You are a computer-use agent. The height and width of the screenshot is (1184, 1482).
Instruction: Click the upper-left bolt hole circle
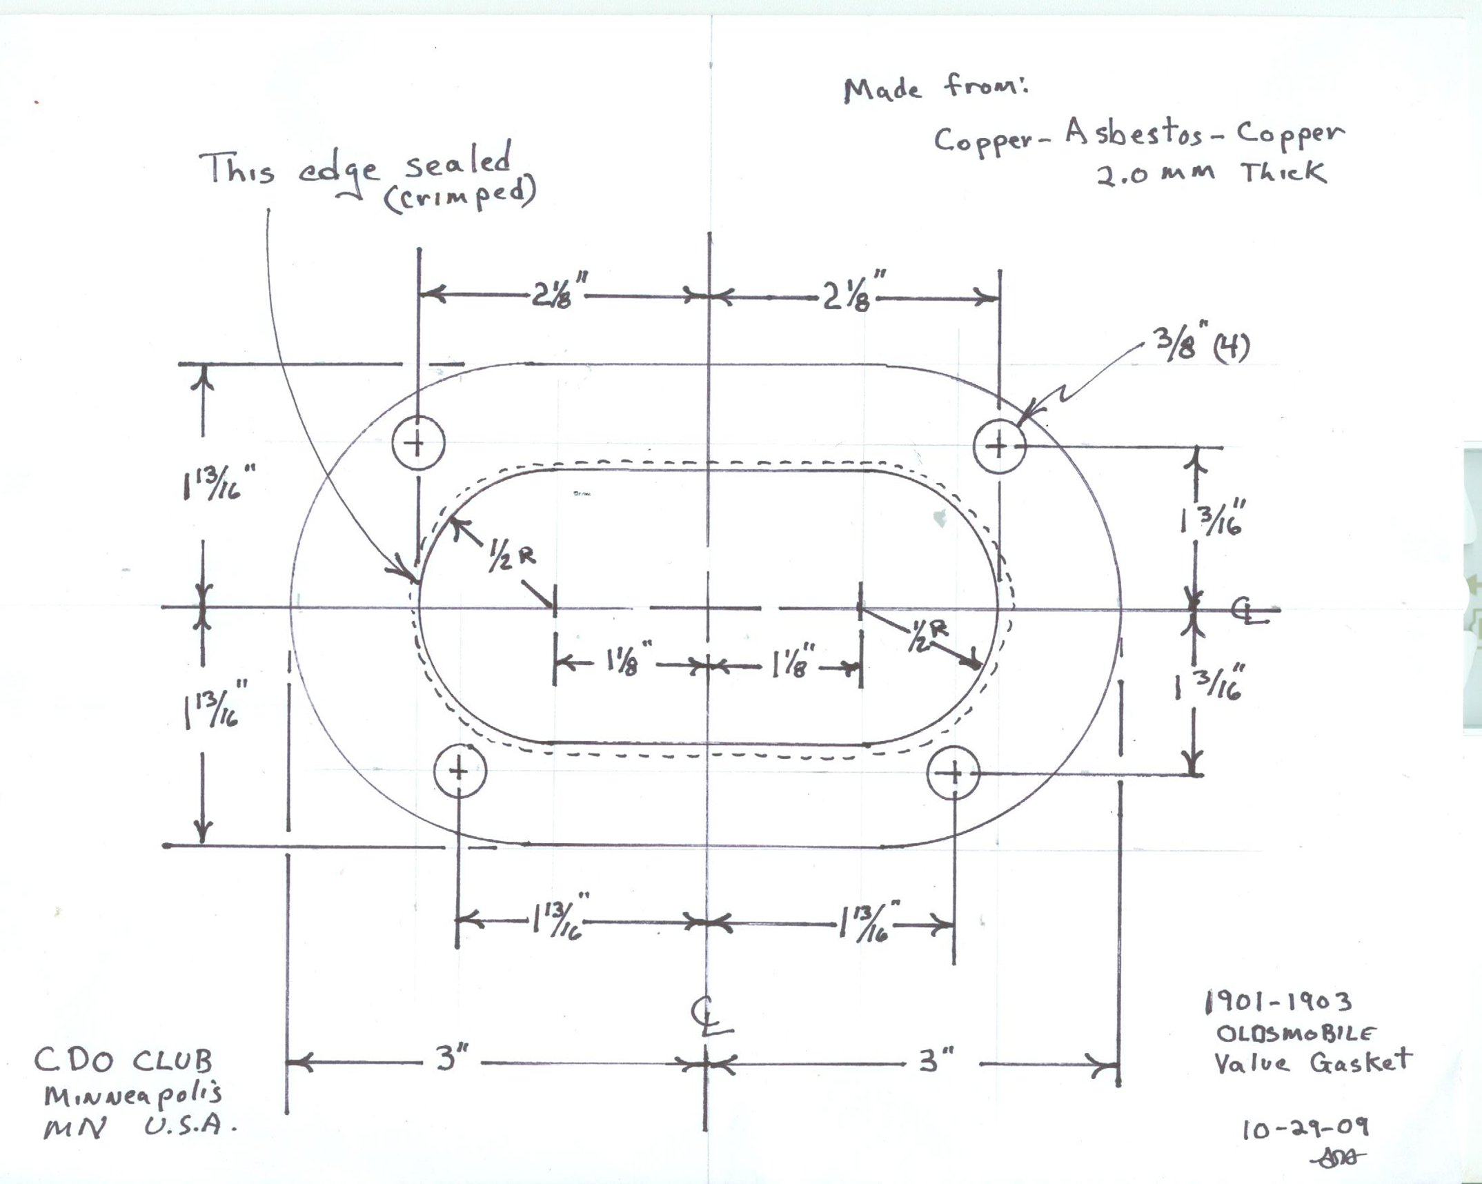tap(418, 442)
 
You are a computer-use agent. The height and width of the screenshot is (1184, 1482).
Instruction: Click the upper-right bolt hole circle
tap(1000, 446)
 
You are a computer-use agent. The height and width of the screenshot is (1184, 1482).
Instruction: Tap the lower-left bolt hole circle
tap(460, 771)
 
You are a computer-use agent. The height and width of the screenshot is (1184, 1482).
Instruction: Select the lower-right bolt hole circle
tap(954, 773)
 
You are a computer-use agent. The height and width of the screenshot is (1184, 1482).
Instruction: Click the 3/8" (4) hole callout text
tap(1201, 346)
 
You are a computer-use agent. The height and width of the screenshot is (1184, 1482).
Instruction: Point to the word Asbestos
tap(1134, 134)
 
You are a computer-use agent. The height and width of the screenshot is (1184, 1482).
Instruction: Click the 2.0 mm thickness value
tap(1156, 174)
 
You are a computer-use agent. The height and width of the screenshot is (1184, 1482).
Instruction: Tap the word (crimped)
tap(460, 197)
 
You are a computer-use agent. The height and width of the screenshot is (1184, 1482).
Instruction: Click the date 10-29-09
tap(1305, 1129)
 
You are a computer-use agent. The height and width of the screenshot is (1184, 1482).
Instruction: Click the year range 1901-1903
tap(1278, 1002)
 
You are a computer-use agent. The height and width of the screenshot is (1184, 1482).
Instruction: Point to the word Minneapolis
tap(133, 1094)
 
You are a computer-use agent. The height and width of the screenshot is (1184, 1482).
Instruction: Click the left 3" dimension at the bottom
tap(452, 1058)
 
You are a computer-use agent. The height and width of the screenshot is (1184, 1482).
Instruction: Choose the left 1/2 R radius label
tap(511, 556)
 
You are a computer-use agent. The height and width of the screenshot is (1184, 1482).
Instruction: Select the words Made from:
tap(935, 89)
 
